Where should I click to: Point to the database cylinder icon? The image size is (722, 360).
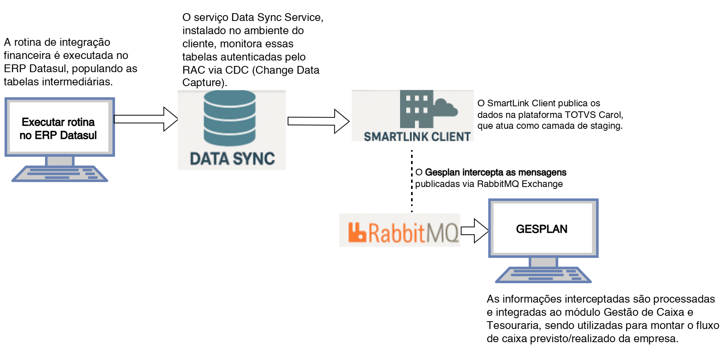click(230, 118)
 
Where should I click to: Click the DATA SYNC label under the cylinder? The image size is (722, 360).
click(232, 159)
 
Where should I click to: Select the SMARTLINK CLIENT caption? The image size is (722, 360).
click(417, 137)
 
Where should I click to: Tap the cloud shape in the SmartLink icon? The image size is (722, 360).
click(446, 108)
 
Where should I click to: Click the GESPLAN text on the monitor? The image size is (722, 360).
click(541, 229)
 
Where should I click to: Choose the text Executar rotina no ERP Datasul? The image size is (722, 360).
click(58, 128)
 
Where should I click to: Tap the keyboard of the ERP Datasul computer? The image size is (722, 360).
click(60, 174)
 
